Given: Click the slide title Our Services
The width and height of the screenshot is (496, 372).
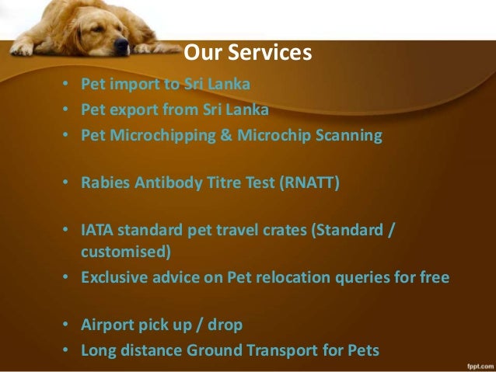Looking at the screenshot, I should coord(248,54).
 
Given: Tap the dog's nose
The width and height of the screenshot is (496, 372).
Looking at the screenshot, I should coord(121,43).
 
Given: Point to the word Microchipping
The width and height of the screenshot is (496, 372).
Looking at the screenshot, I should coord(158,135).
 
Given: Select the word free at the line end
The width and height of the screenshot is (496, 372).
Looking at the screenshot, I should coord(433,277).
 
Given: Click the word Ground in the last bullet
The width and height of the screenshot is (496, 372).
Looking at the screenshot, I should coord(215,350).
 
